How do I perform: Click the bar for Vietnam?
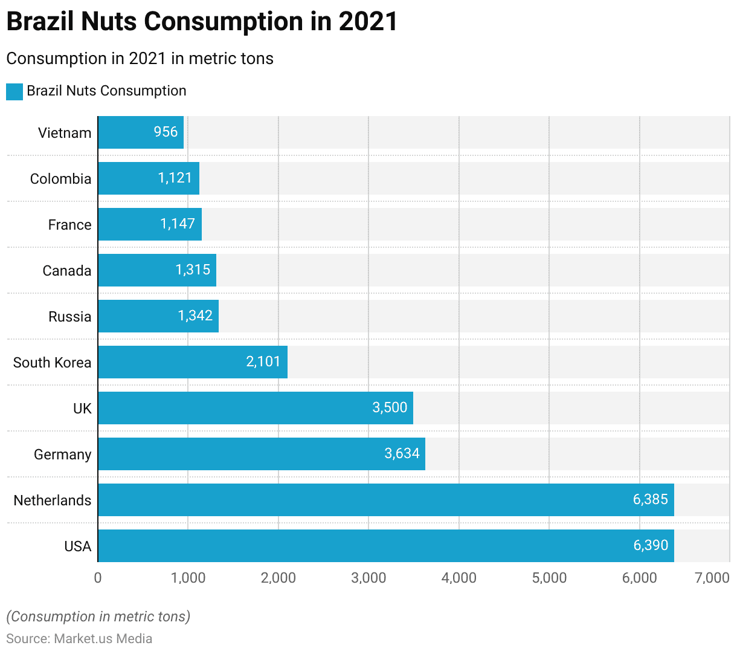140,132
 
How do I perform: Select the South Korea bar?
192,362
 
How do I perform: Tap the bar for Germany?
261,454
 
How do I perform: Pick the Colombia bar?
148,178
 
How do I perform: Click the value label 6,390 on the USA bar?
651,545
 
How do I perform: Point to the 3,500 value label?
390,407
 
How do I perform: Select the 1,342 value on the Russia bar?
195,316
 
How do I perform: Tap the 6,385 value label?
651,499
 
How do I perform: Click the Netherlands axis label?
53,500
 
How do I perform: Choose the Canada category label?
67,271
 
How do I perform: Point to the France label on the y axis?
70,225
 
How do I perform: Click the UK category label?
82,409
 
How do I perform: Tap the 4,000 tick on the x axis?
459,578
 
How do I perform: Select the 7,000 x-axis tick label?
712,578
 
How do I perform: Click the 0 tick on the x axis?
98,578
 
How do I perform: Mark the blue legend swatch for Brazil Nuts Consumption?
14,92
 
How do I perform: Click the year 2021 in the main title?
368,22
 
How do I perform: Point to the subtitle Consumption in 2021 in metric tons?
140,59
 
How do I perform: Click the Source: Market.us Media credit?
79,639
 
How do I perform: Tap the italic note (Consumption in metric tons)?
98,617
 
